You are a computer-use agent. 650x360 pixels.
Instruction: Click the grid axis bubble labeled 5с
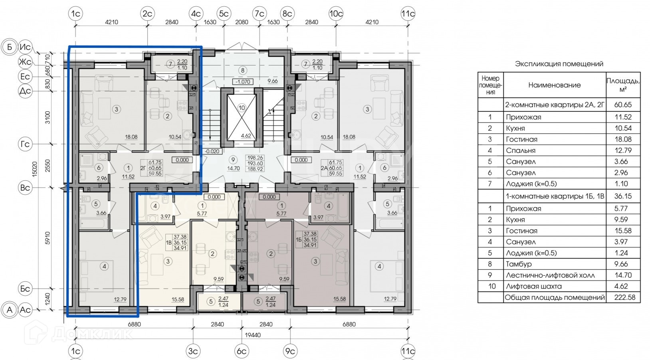(224, 14)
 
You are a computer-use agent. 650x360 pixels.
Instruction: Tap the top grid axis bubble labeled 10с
(336, 14)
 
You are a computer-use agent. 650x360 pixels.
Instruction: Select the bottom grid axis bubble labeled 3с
(193, 351)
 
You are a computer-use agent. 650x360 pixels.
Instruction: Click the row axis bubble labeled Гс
(25, 144)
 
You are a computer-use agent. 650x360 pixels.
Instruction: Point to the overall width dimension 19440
(253, 335)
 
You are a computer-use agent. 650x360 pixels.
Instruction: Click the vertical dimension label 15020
(34, 169)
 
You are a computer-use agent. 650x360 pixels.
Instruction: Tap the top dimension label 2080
(242, 22)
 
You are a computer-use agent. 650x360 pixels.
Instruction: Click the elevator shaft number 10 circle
(242, 108)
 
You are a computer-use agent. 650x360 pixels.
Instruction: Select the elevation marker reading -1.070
(243, 82)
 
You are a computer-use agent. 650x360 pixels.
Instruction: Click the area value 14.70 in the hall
(233, 168)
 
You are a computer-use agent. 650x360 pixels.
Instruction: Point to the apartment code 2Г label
(143, 168)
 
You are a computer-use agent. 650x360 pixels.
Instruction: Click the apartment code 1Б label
(299, 239)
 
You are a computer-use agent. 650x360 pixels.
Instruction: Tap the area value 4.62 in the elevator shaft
(246, 135)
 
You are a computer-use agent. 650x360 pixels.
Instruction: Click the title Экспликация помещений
(559, 64)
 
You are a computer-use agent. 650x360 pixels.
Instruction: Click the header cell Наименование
(555, 85)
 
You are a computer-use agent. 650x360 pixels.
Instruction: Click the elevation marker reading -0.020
(212, 151)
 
